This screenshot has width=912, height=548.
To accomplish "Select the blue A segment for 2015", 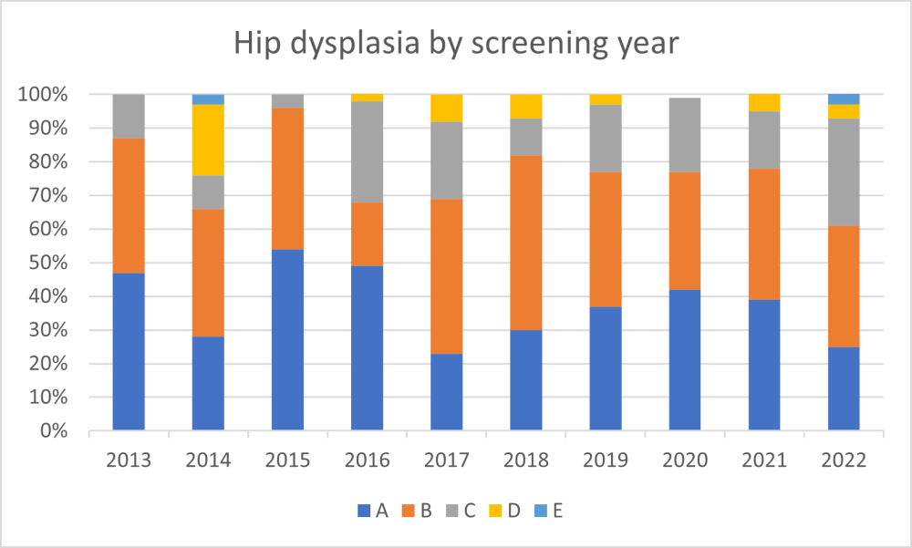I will (x=287, y=338).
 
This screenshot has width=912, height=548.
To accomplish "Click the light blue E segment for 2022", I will (x=844, y=98).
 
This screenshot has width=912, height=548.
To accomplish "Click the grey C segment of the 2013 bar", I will (x=129, y=116).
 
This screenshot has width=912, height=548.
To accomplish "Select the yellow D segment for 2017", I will (x=446, y=108).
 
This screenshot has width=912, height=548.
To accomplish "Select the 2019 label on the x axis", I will (x=606, y=460).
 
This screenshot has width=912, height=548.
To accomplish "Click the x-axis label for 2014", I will (x=208, y=460).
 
